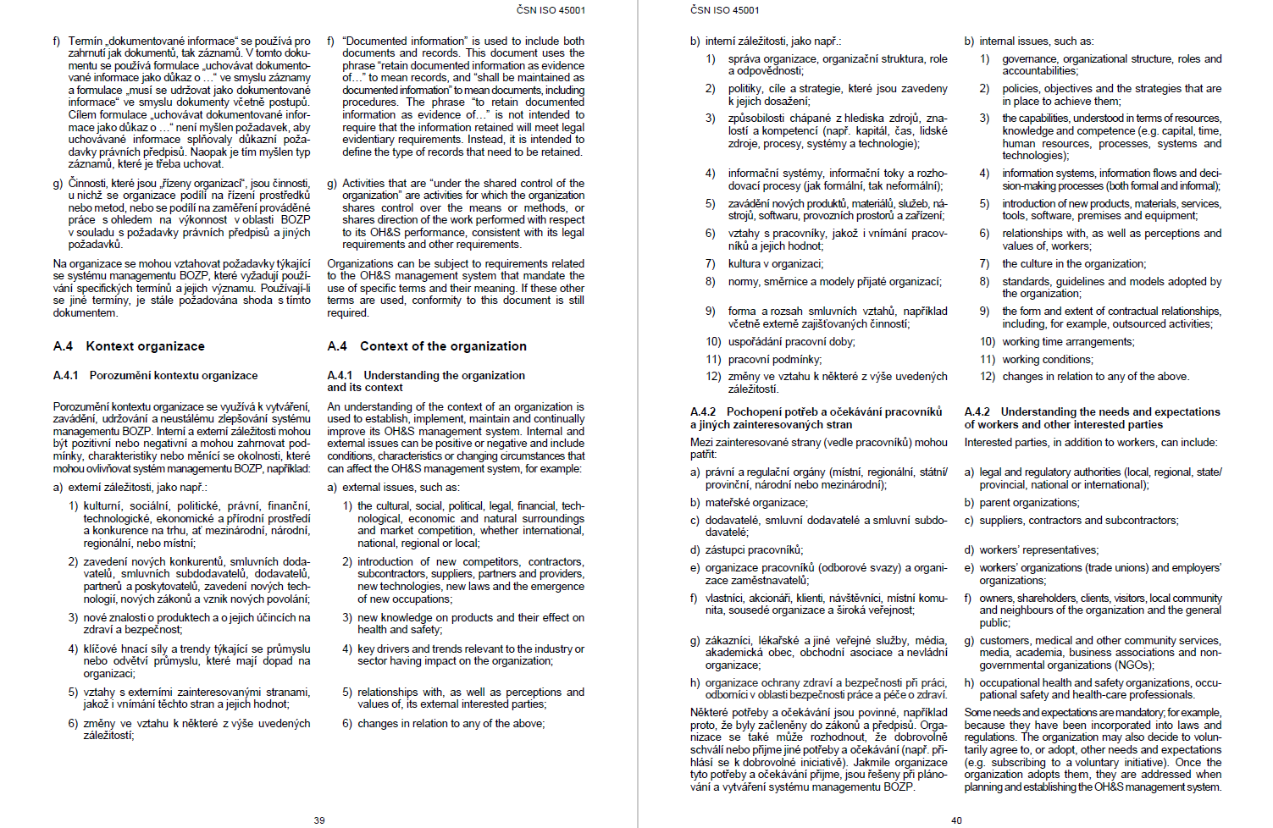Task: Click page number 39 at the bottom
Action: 319,820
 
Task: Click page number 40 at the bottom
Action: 956,820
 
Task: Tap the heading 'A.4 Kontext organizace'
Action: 129,346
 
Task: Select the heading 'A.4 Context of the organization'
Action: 427,346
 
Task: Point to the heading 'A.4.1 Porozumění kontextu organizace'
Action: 155,375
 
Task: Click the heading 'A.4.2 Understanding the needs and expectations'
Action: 1092,412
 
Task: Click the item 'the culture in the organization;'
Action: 1074,264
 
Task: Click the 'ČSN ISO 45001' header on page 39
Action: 551,10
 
